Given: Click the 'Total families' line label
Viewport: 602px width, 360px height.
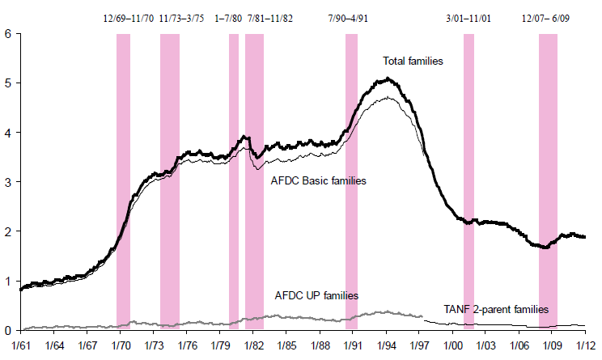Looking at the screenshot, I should (x=413, y=61).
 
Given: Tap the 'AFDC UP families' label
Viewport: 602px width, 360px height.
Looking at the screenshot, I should (x=316, y=296).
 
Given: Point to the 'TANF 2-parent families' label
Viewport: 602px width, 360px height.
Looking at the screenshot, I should (x=496, y=309).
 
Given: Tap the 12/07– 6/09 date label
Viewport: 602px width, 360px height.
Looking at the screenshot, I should (x=547, y=18).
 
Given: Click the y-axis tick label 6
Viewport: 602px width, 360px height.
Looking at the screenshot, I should (x=7, y=34).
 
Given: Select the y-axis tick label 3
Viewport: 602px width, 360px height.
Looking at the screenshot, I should (x=7, y=182).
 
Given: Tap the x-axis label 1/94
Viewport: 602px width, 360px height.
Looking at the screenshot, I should (x=386, y=345).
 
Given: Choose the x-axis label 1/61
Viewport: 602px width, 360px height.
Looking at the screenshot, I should (x=21, y=345).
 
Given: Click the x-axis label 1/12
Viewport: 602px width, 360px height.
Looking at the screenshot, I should (x=585, y=345).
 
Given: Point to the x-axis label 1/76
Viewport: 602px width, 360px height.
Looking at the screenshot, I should (x=187, y=345).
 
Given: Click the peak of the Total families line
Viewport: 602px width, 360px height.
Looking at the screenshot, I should (x=388, y=78).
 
